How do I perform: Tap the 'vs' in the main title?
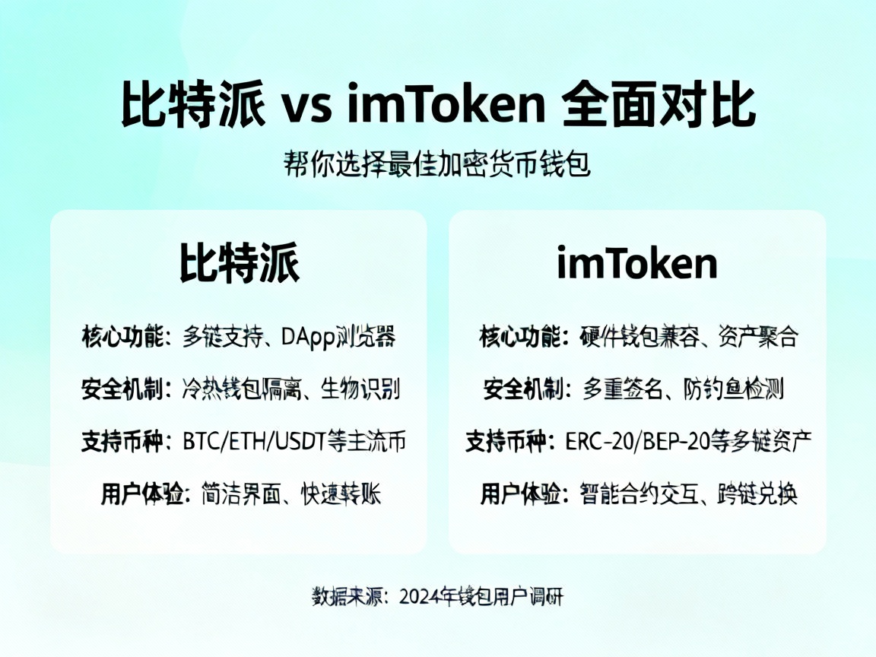(307, 107)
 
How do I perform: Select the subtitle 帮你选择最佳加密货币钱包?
(437, 163)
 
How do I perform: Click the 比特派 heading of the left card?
(239, 264)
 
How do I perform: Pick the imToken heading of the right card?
(637, 264)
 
